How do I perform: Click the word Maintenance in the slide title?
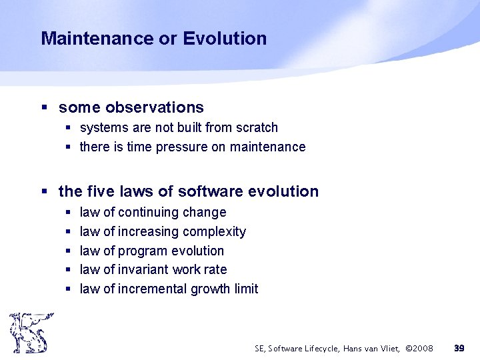pos(97,38)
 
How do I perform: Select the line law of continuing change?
pos(153,213)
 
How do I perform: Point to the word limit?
pos(245,289)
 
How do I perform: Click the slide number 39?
pos(459,348)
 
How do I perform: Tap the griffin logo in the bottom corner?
pos(28,333)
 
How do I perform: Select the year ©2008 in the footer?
pos(419,348)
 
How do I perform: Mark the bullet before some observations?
pos(44,108)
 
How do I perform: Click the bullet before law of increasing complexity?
pos(68,232)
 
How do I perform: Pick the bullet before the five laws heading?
pos(44,192)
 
